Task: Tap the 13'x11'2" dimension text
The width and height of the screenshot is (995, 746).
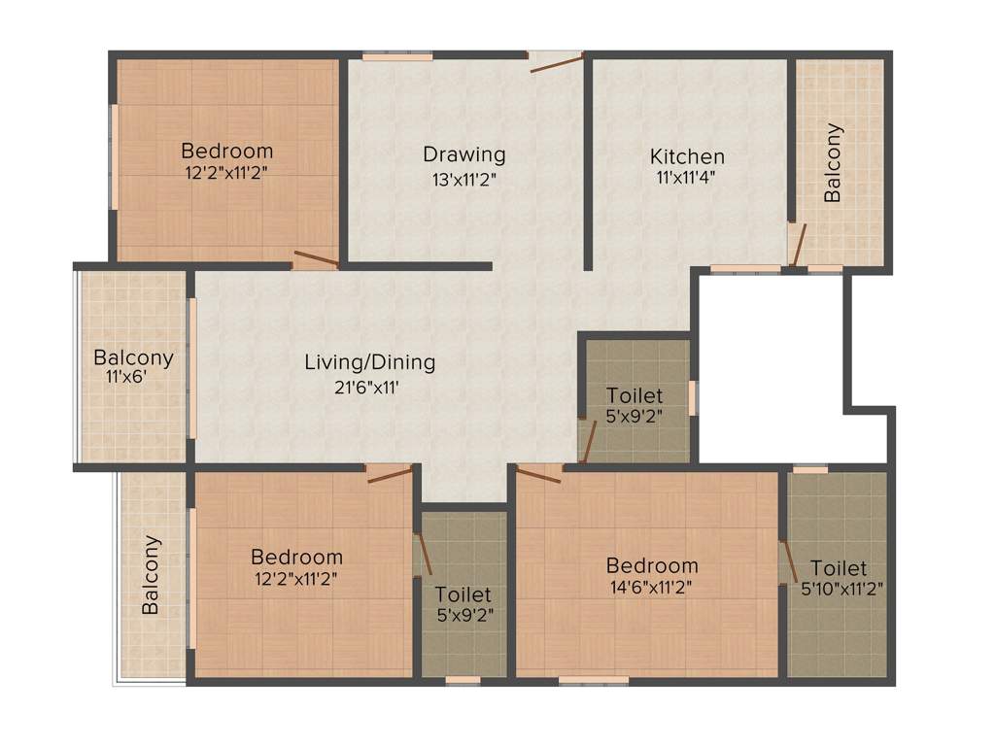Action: pyautogui.click(x=463, y=179)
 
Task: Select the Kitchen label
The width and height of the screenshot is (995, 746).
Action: pyautogui.click(x=687, y=156)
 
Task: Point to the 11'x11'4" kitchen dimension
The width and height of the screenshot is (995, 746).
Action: pyautogui.click(x=687, y=178)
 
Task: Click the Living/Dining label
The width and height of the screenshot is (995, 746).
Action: pyautogui.click(x=369, y=363)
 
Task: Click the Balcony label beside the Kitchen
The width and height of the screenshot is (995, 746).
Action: pyautogui.click(x=833, y=162)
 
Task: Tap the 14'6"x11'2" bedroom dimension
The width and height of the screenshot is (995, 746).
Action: pyautogui.click(x=651, y=587)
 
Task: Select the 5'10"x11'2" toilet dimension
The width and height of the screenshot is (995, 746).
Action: pyautogui.click(x=841, y=588)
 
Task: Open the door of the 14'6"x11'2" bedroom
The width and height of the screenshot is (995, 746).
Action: pyautogui.click(x=538, y=473)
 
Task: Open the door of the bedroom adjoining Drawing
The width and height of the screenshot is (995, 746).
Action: pyautogui.click(x=317, y=259)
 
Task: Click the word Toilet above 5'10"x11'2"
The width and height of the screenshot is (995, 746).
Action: pyautogui.click(x=838, y=568)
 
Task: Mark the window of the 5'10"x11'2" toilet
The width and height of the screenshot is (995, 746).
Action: pyautogui.click(x=809, y=470)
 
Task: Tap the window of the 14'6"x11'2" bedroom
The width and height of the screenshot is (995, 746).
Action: pyautogui.click(x=593, y=680)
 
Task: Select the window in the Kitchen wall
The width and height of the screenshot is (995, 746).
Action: pyautogui.click(x=744, y=268)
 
